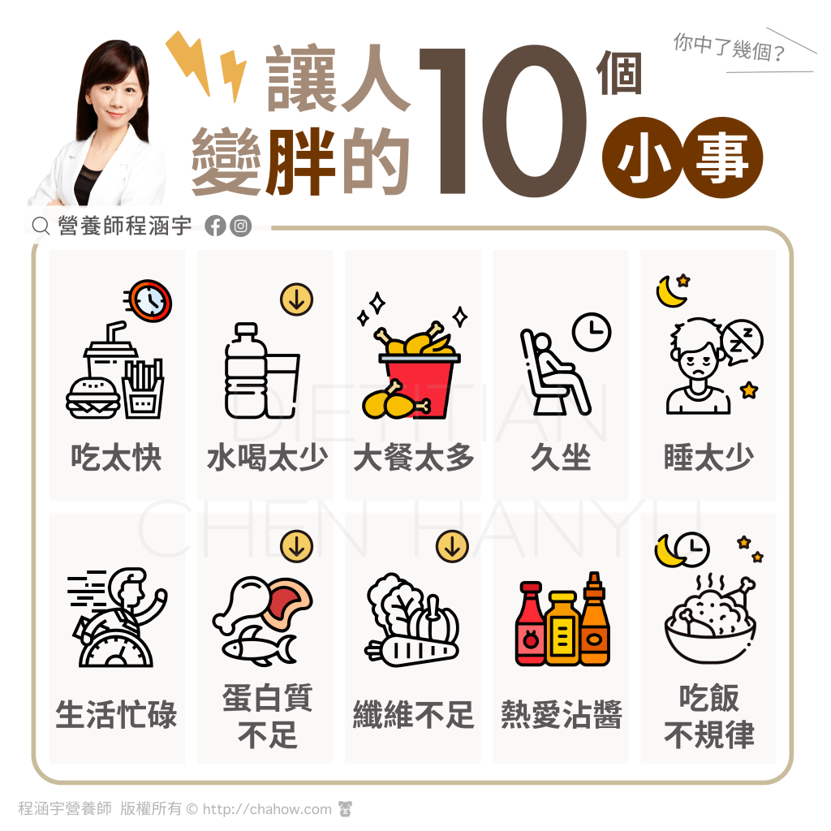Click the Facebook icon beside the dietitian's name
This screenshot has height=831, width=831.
coord(215,226)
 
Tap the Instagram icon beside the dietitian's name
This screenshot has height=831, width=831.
coord(240,226)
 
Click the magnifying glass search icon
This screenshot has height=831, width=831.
coord(41,226)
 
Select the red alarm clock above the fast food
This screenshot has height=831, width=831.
coord(150,301)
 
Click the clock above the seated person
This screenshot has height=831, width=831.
coord(592,332)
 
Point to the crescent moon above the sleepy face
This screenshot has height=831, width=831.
coord(670,292)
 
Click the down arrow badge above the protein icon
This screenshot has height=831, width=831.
coord(296,546)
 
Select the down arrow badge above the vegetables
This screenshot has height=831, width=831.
coord(452,546)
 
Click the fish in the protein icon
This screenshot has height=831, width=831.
coord(259,645)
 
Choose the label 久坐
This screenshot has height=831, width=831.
coord(561,458)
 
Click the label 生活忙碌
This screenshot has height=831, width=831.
coord(116,714)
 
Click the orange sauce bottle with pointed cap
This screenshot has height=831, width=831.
coord(595,619)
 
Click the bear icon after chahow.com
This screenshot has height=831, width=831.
coord(345,809)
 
